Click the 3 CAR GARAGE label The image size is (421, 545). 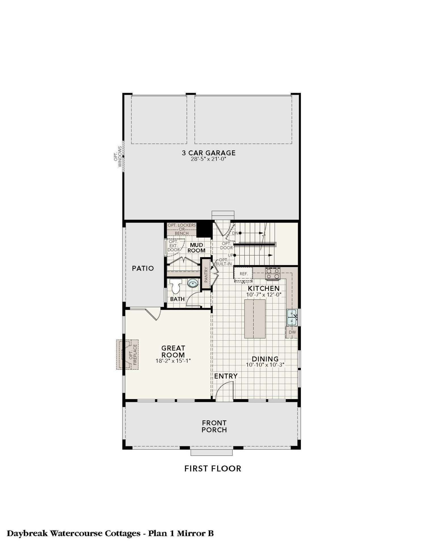209,153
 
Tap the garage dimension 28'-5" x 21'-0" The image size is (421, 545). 209,159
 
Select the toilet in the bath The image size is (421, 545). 176,286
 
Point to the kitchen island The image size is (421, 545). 255,319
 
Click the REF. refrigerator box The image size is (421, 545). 243,274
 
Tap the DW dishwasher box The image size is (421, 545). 292,332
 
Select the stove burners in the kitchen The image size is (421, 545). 273,273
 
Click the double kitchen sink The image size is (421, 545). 292,317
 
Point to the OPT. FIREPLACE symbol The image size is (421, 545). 127,355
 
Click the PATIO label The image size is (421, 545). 143,268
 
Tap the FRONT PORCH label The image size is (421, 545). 214,426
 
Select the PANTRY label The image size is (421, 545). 206,274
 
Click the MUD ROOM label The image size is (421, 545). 196,248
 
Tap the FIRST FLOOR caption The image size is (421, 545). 213,469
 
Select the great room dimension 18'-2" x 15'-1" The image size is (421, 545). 173,361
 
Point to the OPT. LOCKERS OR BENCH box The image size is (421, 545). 182,229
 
